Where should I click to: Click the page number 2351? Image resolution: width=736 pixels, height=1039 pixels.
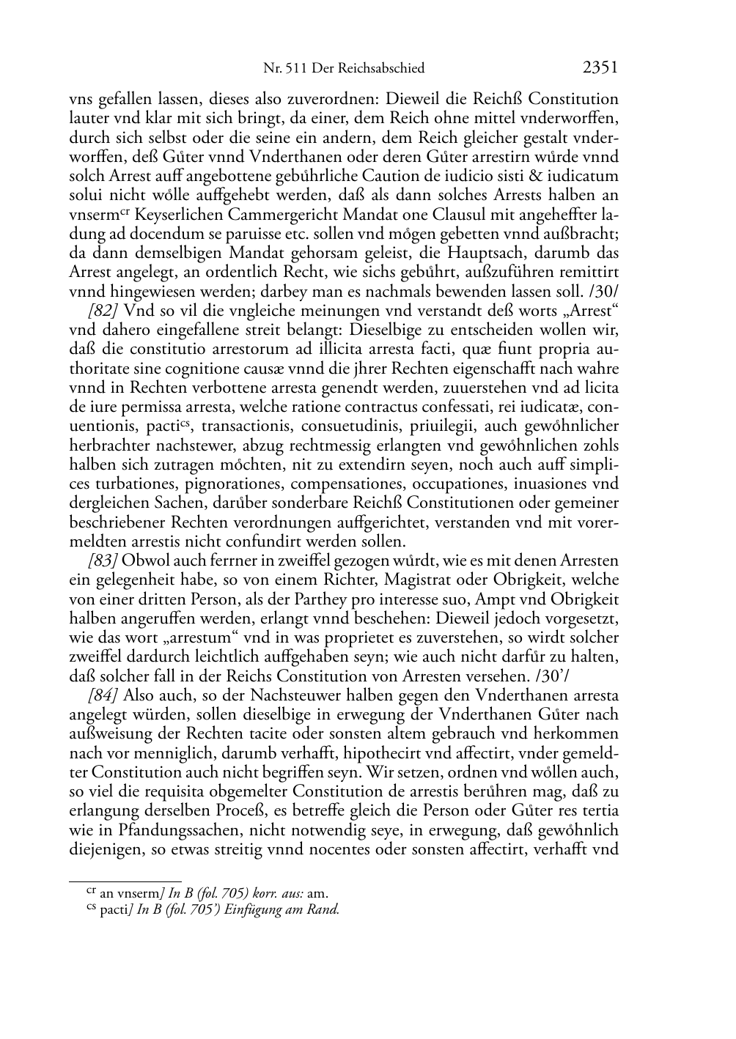tap(600, 68)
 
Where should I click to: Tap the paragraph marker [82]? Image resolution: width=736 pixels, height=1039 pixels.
tap(105, 311)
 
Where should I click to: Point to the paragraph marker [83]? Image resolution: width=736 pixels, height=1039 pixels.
tap(105, 561)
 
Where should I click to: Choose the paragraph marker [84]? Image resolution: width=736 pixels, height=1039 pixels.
tap(105, 695)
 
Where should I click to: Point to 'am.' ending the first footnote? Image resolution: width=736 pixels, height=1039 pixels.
tap(317, 893)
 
